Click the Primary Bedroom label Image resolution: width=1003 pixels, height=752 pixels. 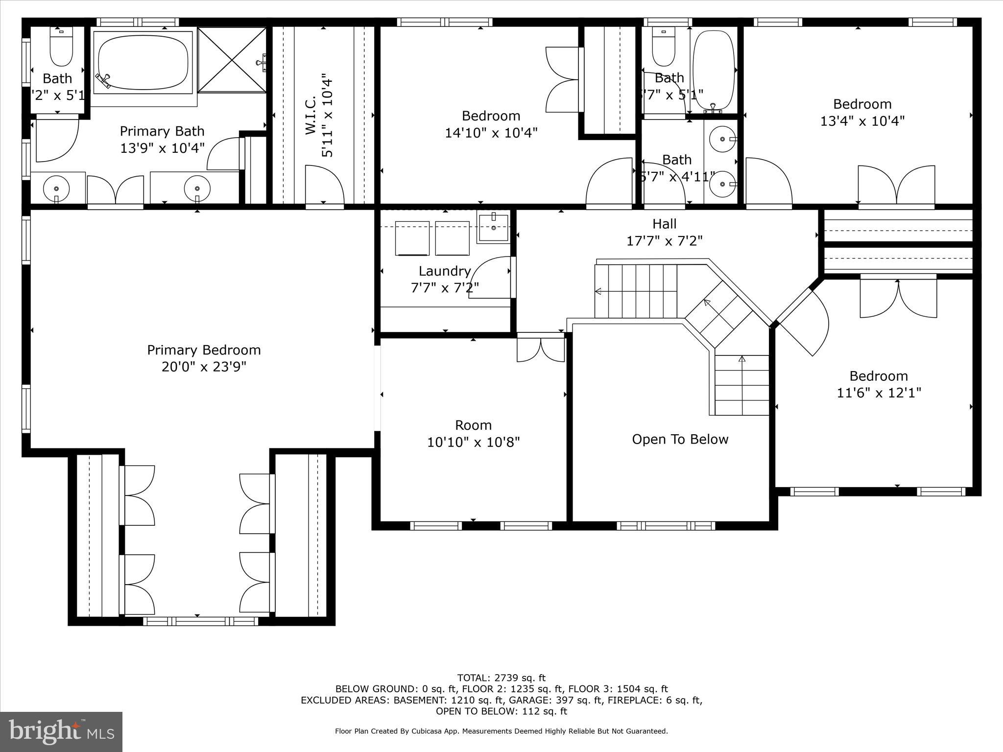pos(204,350)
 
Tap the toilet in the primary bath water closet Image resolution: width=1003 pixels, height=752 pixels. pos(62,47)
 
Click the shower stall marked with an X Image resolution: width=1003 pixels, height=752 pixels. pos(232,59)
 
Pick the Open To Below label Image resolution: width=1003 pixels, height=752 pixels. pos(680,439)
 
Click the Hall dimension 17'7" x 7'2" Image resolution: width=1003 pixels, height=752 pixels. pos(665,241)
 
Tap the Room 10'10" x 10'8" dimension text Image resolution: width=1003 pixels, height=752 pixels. pos(473,442)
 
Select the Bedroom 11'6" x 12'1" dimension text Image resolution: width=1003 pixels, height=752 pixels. pos(879,393)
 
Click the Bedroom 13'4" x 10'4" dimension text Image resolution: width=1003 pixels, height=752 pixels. pos(862,120)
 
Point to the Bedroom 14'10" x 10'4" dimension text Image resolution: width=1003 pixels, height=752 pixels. pos(491,133)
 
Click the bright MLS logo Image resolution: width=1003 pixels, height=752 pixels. pos(61,731)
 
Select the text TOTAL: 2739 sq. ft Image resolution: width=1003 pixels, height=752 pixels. pos(501,678)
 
